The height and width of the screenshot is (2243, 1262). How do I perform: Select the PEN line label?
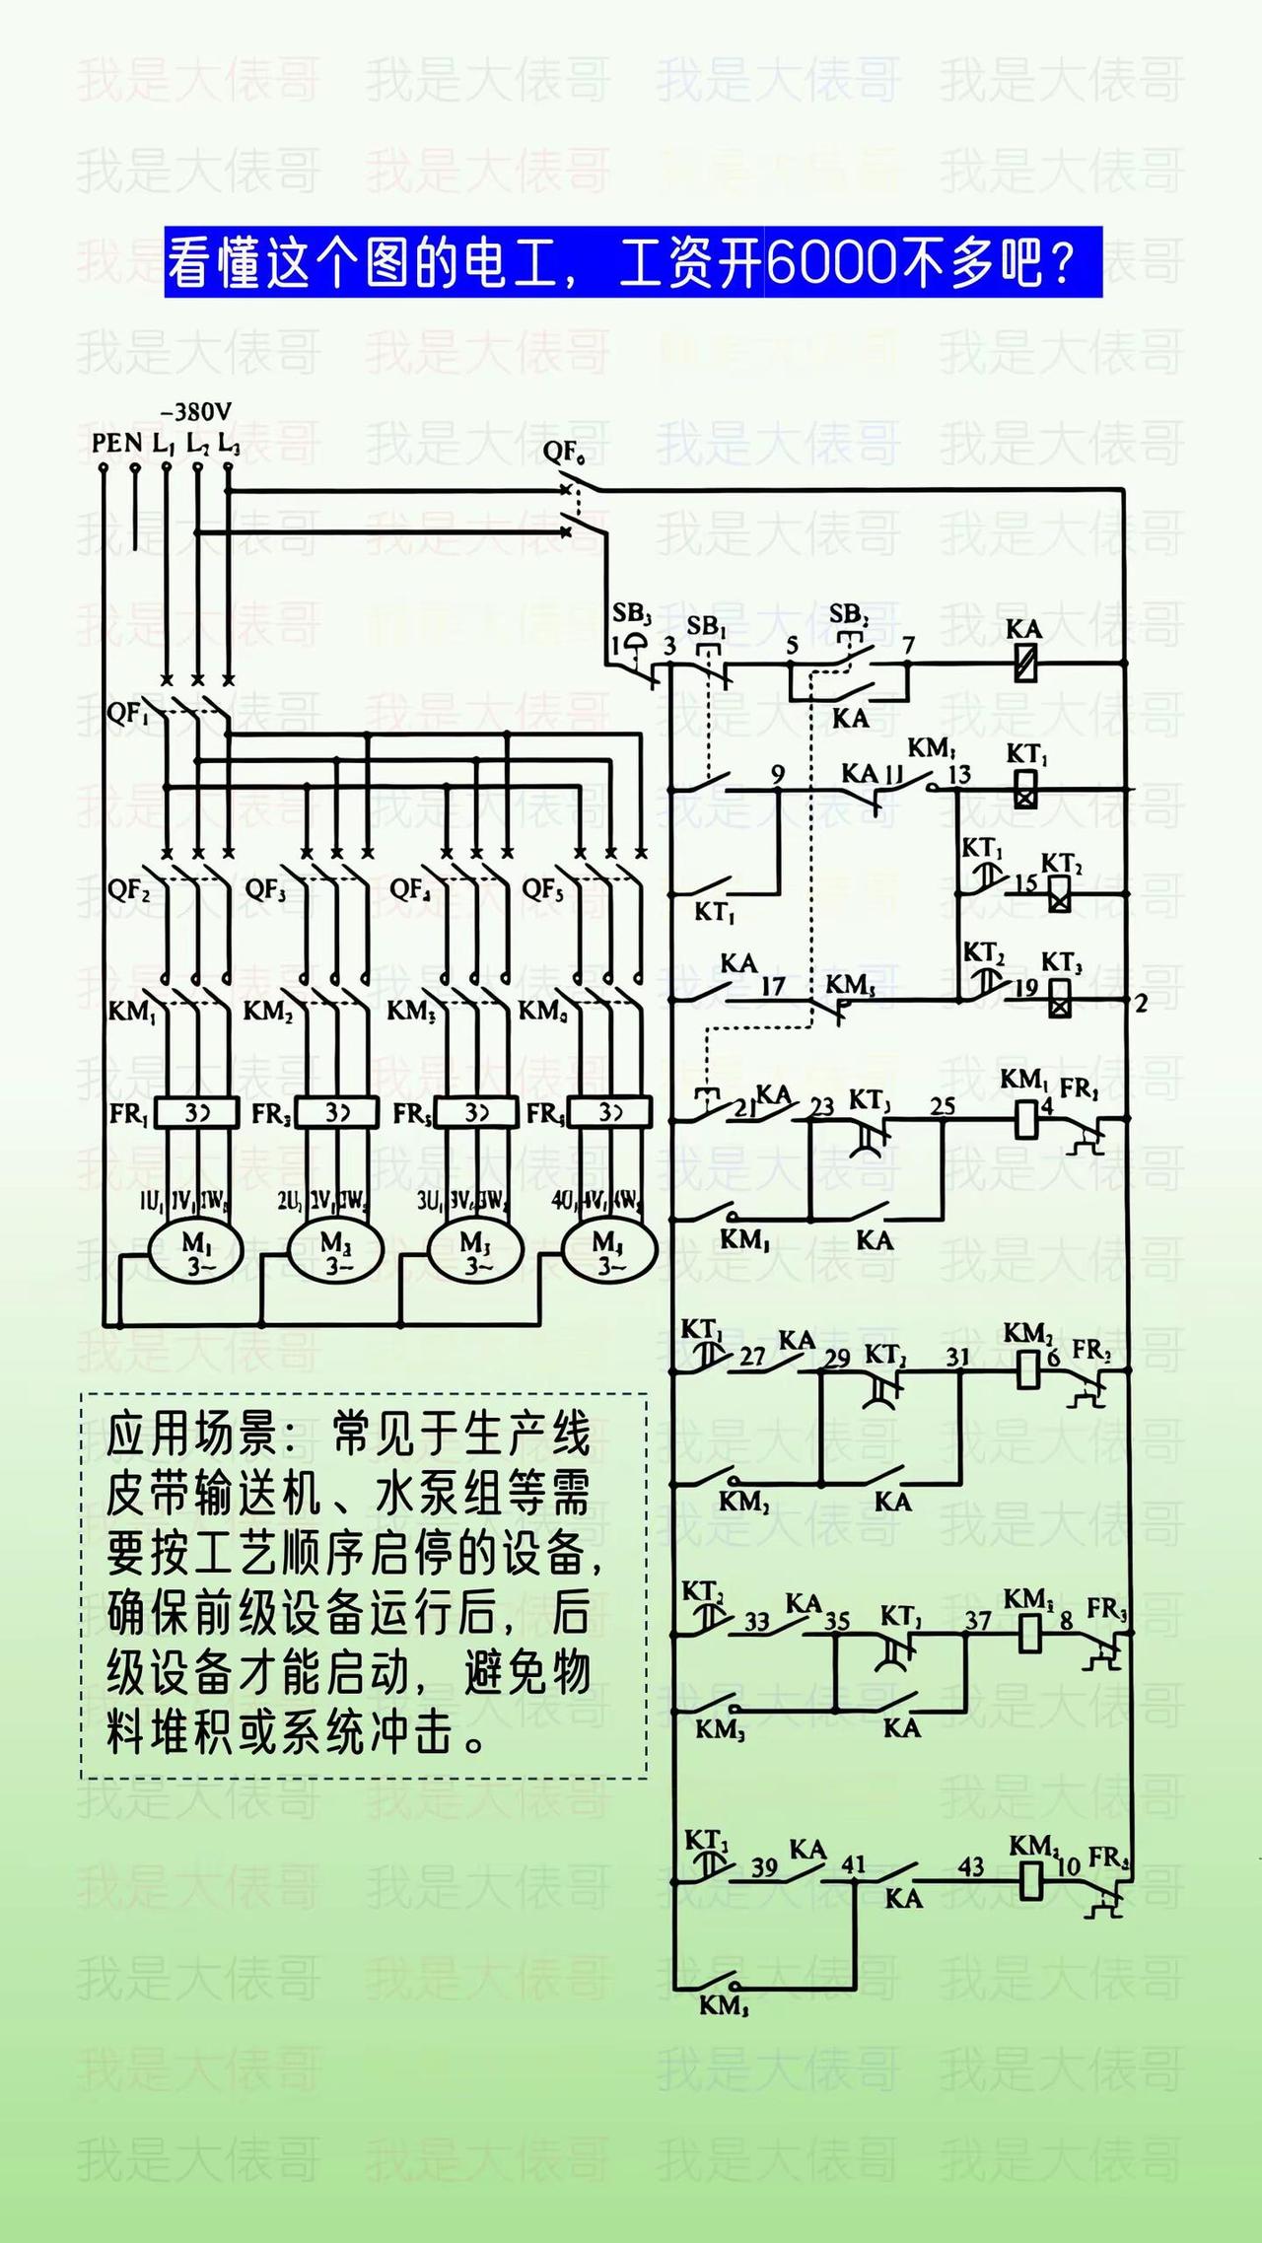[x=117, y=444]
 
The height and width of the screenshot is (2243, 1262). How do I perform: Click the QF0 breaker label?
[x=563, y=454]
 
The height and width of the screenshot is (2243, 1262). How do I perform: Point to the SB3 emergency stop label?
[x=632, y=612]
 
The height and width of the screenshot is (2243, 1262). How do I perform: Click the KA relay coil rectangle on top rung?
[x=1025, y=664]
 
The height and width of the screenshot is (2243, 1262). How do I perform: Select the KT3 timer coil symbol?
[x=1060, y=1000]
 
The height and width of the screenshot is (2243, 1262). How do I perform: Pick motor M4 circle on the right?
[x=608, y=1251]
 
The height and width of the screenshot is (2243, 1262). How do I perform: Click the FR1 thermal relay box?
[x=197, y=1113]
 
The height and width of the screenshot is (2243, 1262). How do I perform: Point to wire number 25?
[x=943, y=1106]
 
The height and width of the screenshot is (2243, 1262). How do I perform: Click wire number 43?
[x=971, y=1866]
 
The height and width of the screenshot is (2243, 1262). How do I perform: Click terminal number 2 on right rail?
[x=1142, y=1004]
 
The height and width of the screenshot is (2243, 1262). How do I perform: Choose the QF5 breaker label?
[x=542, y=890]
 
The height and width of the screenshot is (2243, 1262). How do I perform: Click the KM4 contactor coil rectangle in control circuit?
[x=1030, y=1880]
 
